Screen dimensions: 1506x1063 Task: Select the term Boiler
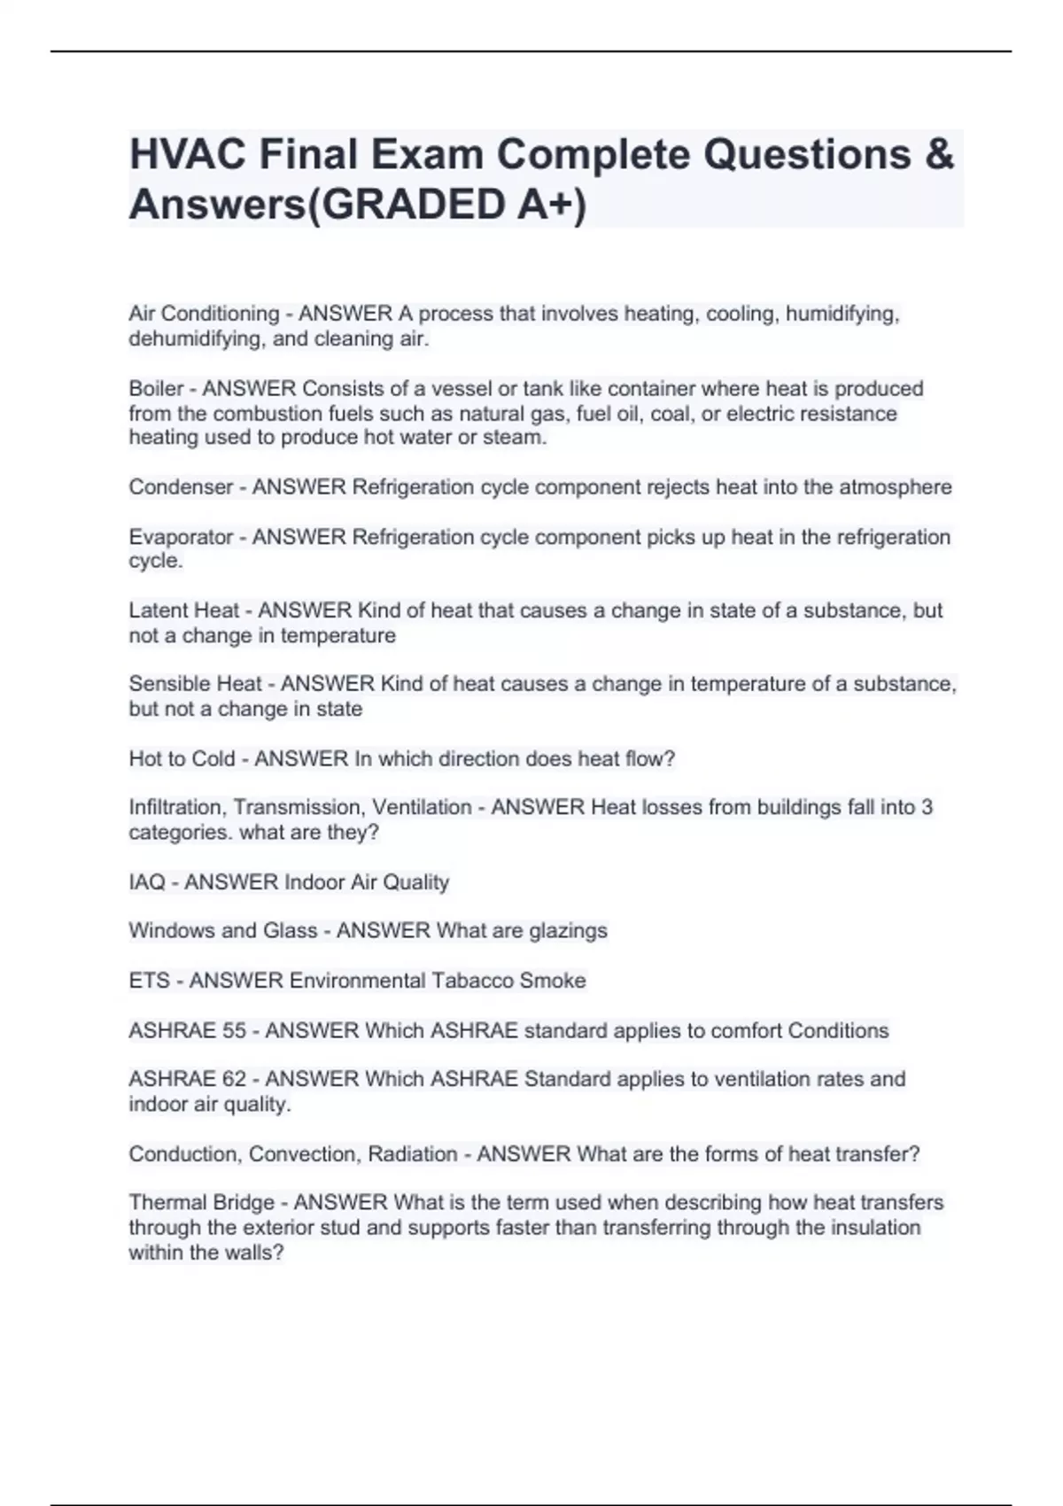(x=156, y=388)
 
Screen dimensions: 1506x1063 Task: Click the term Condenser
(x=180, y=487)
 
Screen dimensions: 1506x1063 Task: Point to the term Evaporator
(x=180, y=537)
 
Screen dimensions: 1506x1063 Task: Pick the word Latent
(x=159, y=610)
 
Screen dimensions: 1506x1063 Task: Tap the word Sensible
(x=166, y=684)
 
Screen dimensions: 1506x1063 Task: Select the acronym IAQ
(x=147, y=882)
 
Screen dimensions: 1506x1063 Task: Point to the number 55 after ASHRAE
(x=234, y=1030)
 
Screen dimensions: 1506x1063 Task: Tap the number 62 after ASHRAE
(x=234, y=1079)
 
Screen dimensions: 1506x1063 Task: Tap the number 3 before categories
(x=927, y=807)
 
